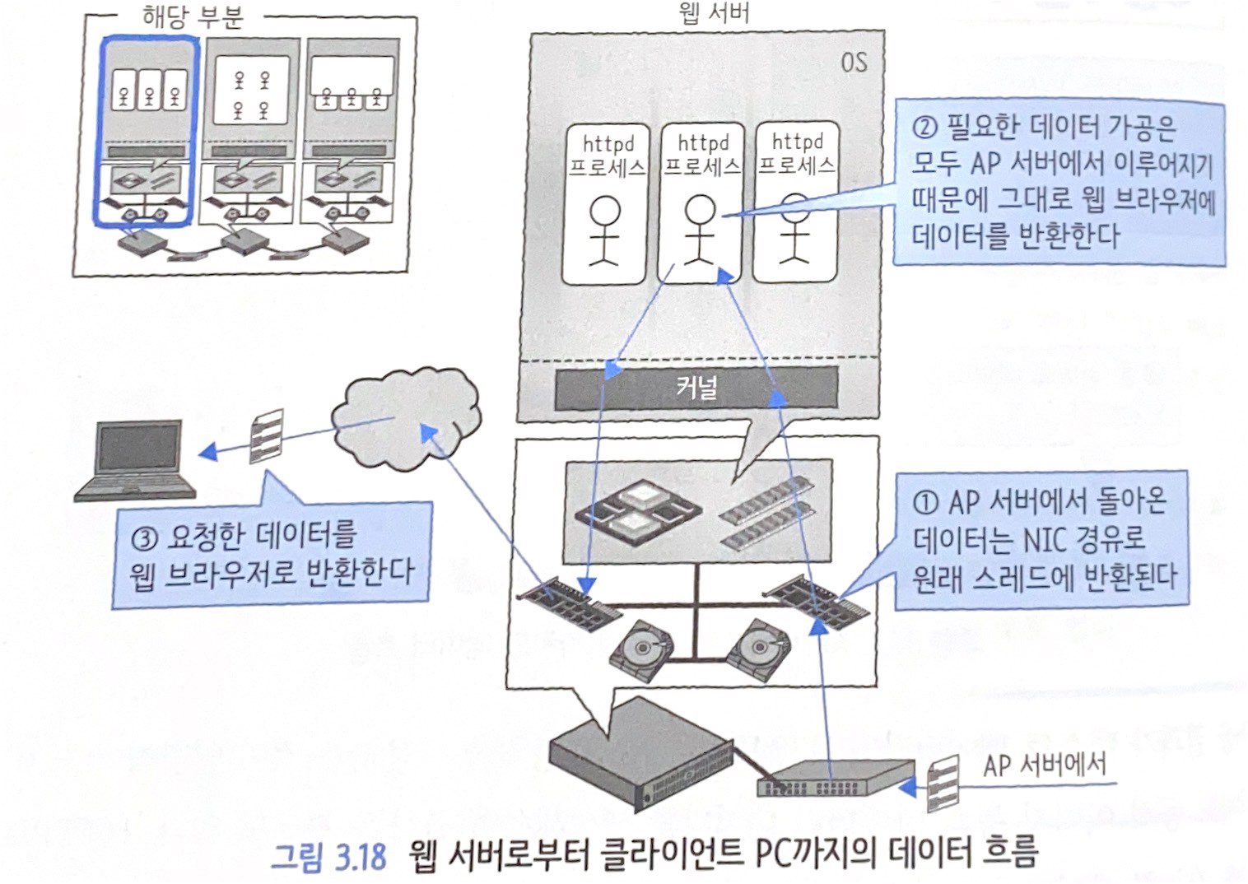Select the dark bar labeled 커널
(x=696, y=388)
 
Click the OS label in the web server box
(x=853, y=63)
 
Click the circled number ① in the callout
(x=925, y=502)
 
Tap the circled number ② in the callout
(x=924, y=128)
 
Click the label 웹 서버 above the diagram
(x=713, y=13)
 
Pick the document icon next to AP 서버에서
(x=942, y=783)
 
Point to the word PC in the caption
(x=771, y=854)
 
